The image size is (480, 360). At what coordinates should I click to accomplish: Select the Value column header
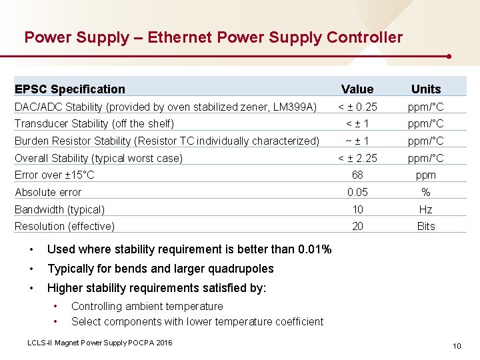[357, 89]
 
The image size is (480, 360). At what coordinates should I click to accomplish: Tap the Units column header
[426, 89]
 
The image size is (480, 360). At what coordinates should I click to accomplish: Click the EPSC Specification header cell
[70, 89]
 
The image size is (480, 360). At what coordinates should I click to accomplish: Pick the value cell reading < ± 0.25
[357, 107]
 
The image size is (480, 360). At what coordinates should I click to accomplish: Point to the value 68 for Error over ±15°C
[357, 175]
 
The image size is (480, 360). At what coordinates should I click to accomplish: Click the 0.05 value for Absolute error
[357, 193]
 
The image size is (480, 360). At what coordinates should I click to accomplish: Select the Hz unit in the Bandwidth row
[426, 209]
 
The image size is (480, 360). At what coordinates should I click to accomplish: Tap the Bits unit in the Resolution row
[426, 227]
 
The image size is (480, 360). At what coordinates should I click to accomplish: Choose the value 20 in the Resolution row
[357, 227]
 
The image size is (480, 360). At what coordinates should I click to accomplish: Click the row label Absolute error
[48, 193]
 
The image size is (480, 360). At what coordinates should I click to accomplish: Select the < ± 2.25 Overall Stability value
[357, 158]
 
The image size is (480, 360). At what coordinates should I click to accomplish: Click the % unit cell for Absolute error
[426, 193]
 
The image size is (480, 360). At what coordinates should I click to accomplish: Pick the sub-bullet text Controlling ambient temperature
[147, 307]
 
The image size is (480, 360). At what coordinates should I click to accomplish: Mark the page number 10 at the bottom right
[457, 345]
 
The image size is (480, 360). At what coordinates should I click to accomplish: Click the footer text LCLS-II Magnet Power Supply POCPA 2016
[100, 342]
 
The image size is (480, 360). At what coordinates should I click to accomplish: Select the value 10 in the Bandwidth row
[357, 209]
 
